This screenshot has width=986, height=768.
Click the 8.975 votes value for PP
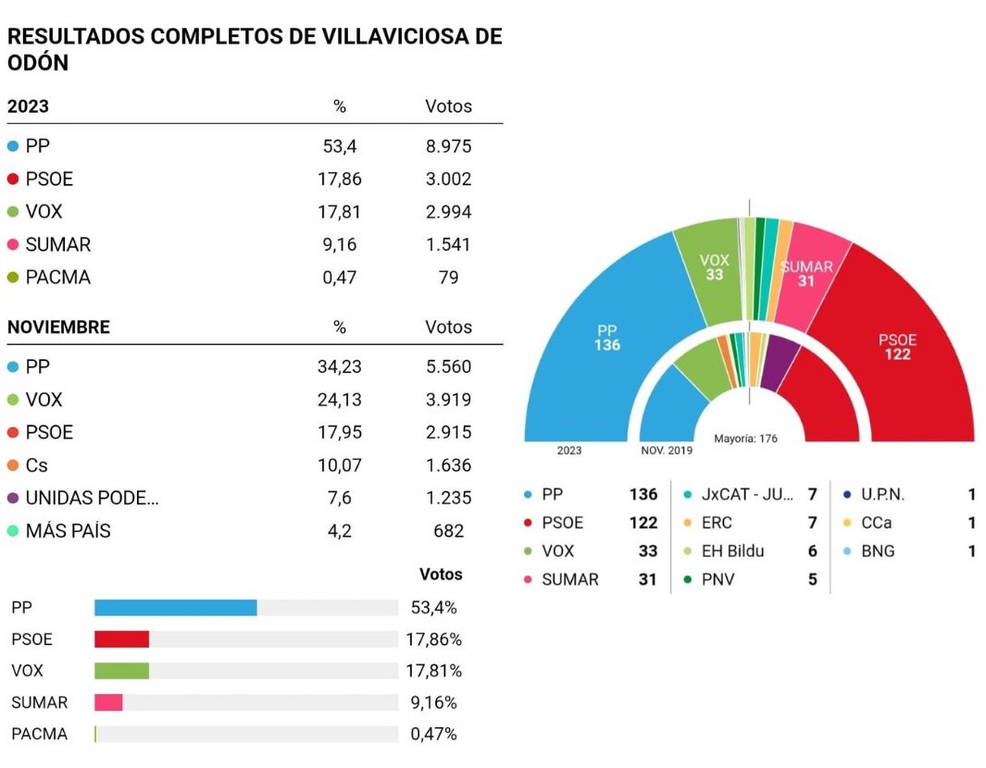click(x=448, y=146)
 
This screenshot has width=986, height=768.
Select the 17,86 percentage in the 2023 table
click(x=340, y=180)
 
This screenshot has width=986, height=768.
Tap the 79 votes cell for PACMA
click(x=448, y=278)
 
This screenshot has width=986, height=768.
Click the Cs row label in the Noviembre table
click(x=36, y=465)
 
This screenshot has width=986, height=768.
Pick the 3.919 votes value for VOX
click(x=448, y=400)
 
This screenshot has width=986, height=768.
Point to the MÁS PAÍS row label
click(x=68, y=531)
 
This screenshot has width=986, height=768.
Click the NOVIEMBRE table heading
click(x=58, y=327)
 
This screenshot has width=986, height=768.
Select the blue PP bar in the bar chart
click(x=175, y=608)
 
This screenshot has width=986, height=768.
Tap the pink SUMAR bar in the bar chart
click(x=108, y=702)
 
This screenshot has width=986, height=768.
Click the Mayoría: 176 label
click(x=745, y=439)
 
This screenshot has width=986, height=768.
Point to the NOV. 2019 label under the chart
click(x=667, y=451)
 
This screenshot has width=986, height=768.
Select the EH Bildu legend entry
click(x=732, y=551)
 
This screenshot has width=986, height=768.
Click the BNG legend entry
click(x=878, y=551)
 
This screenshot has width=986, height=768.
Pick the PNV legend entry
click(x=718, y=579)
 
